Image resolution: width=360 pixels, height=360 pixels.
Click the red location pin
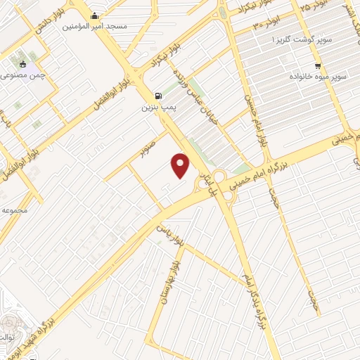click(x=181, y=165)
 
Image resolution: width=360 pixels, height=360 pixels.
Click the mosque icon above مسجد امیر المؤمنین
click(x=94, y=15)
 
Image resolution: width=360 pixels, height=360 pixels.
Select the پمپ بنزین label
click(x=156, y=108)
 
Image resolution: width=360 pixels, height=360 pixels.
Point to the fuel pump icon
click(x=157, y=96)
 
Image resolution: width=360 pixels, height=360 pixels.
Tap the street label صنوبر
click(x=145, y=149)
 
